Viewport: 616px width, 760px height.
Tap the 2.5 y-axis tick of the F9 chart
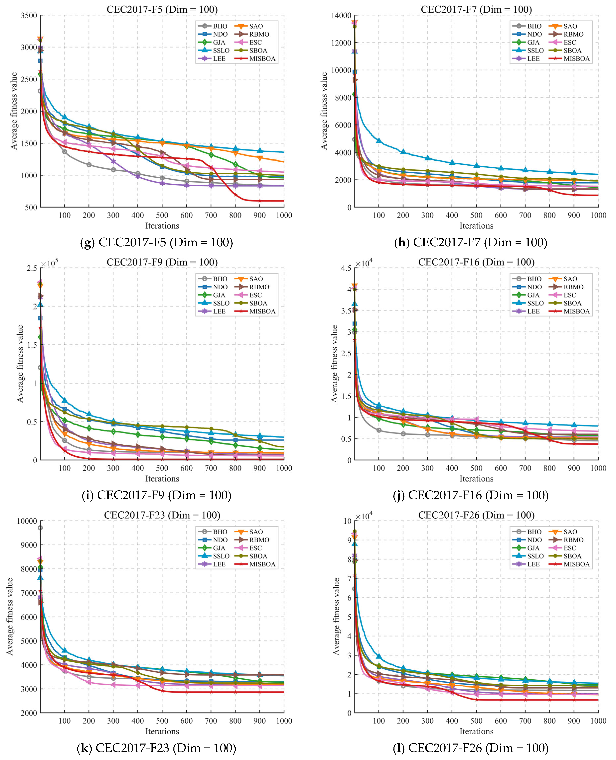(32, 268)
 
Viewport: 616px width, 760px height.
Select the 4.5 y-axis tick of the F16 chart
(346, 268)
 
